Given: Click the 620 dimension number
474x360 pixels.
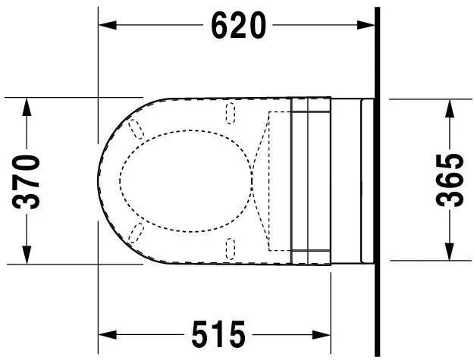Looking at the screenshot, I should tap(238, 26).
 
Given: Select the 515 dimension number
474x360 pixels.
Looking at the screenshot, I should tap(217, 333).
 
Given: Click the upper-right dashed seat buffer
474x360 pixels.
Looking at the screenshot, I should tap(231, 113).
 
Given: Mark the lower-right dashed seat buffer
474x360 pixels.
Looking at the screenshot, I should tap(231, 246).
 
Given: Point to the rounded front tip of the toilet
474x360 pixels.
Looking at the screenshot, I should tap(101, 180).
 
